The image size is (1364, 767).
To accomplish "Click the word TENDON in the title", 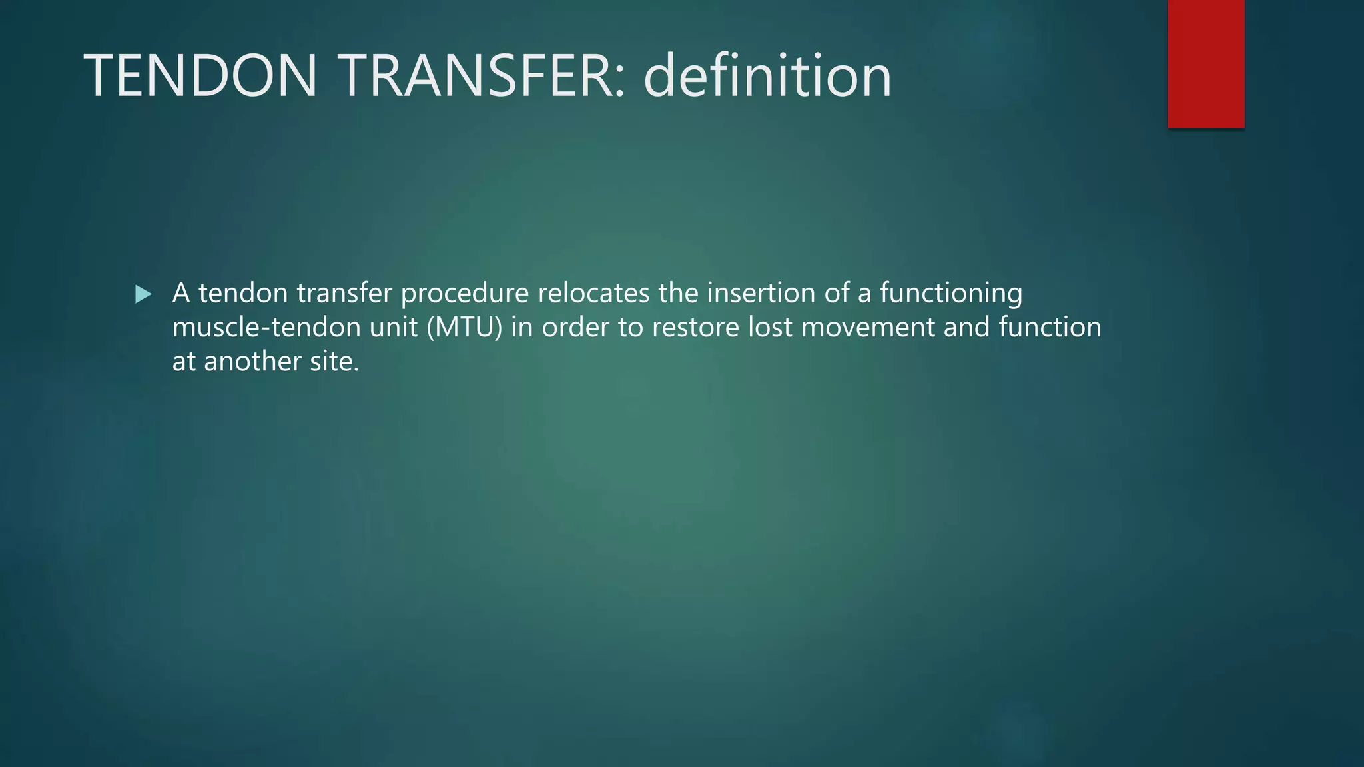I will point(200,76).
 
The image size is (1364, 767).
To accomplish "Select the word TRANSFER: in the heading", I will point(484,76).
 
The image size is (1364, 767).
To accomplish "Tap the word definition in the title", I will point(767,76).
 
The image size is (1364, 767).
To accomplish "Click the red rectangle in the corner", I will point(1205,64).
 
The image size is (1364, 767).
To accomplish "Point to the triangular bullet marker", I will point(143,294).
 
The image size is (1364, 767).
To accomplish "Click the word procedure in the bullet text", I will point(464,294).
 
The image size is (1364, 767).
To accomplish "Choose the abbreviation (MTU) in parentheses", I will point(464,328).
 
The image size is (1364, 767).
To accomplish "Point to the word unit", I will point(393,327).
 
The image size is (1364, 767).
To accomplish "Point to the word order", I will point(575,327).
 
